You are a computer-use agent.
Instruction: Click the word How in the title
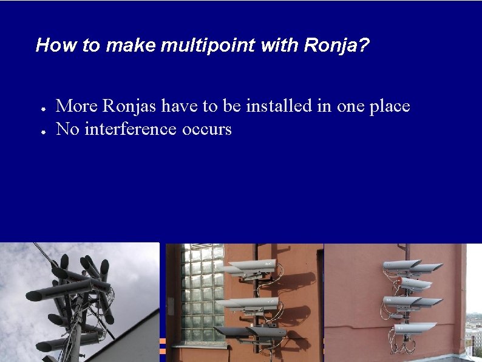(x=56, y=45)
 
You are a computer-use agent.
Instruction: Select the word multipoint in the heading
(x=208, y=46)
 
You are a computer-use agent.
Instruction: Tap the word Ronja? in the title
(x=336, y=46)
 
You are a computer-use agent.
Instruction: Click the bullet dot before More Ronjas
(x=43, y=109)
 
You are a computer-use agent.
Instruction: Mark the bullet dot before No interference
(x=43, y=132)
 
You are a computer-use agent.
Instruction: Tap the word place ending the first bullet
(x=390, y=106)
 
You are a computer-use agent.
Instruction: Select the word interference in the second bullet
(x=131, y=129)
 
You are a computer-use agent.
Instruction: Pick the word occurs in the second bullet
(x=206, y=130)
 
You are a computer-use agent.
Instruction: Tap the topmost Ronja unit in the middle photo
(x=251, y=268)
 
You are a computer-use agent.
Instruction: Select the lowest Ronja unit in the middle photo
(x=251, y=332)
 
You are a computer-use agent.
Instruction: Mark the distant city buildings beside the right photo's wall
(x=474, y=335)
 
